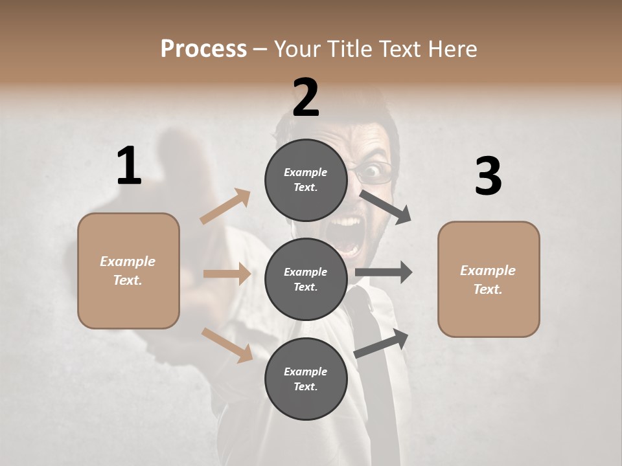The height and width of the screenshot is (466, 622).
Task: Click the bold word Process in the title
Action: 203,49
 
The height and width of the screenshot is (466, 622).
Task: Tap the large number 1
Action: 129,166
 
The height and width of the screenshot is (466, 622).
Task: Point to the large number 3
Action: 488,176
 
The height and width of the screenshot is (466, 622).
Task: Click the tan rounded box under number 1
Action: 128,271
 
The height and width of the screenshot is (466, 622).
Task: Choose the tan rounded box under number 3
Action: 489,279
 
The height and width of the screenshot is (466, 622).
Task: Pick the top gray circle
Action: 306,179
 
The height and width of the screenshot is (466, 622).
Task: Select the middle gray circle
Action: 306,279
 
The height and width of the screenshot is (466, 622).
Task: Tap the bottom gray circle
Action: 306,379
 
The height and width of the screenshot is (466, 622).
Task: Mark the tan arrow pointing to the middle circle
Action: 227,274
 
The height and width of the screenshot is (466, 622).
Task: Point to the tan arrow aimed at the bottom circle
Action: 227,345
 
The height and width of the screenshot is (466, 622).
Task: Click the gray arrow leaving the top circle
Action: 386,206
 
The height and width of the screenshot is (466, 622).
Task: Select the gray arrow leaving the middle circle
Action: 384,272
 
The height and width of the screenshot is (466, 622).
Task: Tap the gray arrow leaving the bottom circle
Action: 382,343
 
